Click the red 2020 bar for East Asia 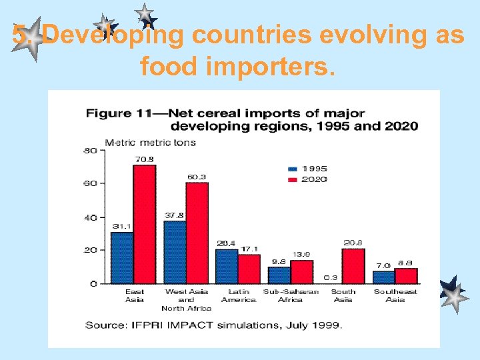[x=144, y=224]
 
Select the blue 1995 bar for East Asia [x=122, y=257]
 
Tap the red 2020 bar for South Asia [x=353, y=266]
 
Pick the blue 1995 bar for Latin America [x=226, y=266]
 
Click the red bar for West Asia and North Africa [x=197, y=233]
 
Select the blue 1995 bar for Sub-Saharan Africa [x=279, y=275]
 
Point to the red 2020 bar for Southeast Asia [x=405, y=275]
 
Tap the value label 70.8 [x=145, y=159]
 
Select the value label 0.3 [x=329, y=277]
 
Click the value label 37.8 [x=175, y=215]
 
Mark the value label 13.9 [x=301, y=254]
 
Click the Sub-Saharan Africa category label [x=289, y=295]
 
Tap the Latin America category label [x=238, y=295]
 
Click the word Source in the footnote [x=103, y=325]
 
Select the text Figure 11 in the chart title [x=109, y=113]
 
